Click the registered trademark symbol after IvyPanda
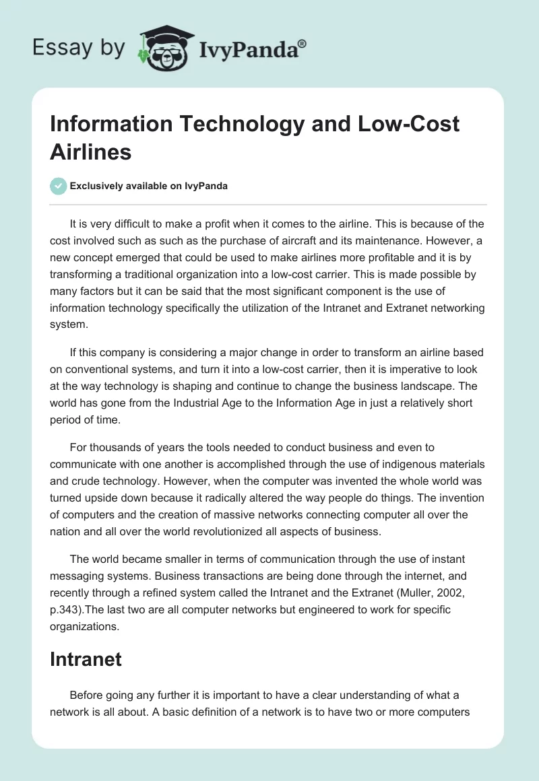click(303, 42)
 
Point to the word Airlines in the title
click(90, 151)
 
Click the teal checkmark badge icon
click(58, 186)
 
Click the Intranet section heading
click(86, 659)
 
